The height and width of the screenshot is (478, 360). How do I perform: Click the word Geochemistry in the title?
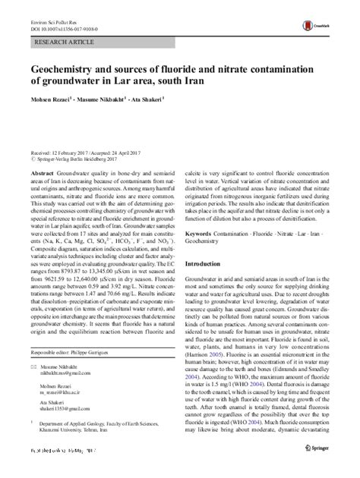tap(68, 68)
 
